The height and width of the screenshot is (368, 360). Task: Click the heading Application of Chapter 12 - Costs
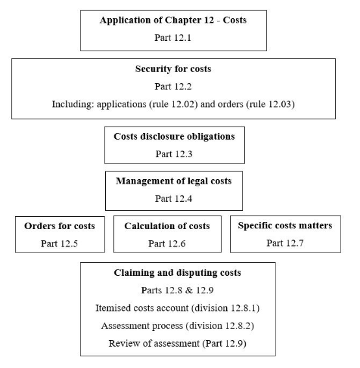[x=173, y=20]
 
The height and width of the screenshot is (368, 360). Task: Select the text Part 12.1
[x=173, y=37]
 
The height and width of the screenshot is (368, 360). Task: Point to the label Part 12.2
[x=173, y=86]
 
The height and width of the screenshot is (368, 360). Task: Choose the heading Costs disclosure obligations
[x=174, y=136]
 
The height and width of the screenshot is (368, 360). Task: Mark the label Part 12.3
[x=174, y=154]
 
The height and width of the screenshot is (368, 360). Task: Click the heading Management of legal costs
[x=174, y=181]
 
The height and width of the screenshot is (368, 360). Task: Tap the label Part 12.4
[x=174, y=199]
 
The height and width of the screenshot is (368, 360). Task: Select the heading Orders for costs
[x=60, y=226]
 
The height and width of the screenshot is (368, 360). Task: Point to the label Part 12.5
[x=60, y=243]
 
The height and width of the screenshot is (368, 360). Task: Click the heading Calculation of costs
[x=167, y=226]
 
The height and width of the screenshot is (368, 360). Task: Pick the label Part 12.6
[x=166, y=243]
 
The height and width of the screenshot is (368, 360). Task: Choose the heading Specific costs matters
[x=285, y=226]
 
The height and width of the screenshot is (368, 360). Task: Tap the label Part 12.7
[x=285, y=243]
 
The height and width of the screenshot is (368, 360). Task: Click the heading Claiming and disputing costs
[x=177, y=273]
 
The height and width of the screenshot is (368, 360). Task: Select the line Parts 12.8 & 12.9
[x=177, y=289]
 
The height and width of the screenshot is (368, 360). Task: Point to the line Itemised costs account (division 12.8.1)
[x=177, y=308]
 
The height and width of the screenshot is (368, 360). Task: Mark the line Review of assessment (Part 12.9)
[x=177, y=343]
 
